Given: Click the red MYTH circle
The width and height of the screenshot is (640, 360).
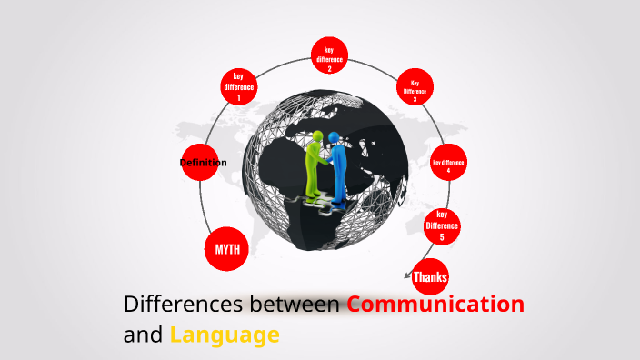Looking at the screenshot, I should click(226, 247).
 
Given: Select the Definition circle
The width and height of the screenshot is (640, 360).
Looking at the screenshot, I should click(204, 163).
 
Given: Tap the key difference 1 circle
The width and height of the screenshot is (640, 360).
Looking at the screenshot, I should click(238, 86).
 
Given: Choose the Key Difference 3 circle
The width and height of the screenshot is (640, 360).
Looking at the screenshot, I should click(415, 88).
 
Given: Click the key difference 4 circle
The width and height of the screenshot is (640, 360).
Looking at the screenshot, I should click(448, 165).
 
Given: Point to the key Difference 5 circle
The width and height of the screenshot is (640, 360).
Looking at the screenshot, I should click(442, 225).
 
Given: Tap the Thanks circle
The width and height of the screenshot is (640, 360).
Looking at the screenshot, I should click(430, 276).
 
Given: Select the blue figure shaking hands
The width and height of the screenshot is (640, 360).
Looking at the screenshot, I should click(338, 168).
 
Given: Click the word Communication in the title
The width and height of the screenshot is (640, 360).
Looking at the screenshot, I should click(435, 304).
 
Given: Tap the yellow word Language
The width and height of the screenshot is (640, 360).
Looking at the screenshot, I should click(224, 335).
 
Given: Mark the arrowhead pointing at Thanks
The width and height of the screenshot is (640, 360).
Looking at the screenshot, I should click(406, 272).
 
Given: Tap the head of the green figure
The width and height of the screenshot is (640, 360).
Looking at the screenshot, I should click(317, 137).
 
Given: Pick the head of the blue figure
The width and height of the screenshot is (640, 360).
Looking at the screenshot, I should click(335, 137).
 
